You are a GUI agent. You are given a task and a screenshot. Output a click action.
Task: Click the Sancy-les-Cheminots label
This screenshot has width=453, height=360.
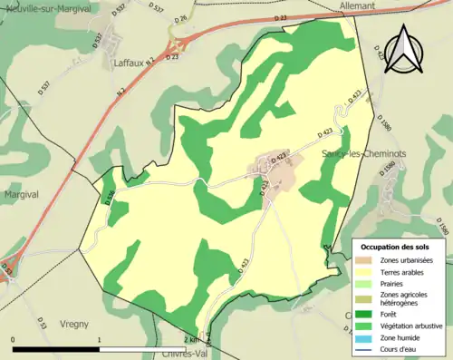click(x=364, y=154)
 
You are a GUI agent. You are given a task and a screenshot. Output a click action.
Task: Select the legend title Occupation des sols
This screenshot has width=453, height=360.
click(x=394, y=247)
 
